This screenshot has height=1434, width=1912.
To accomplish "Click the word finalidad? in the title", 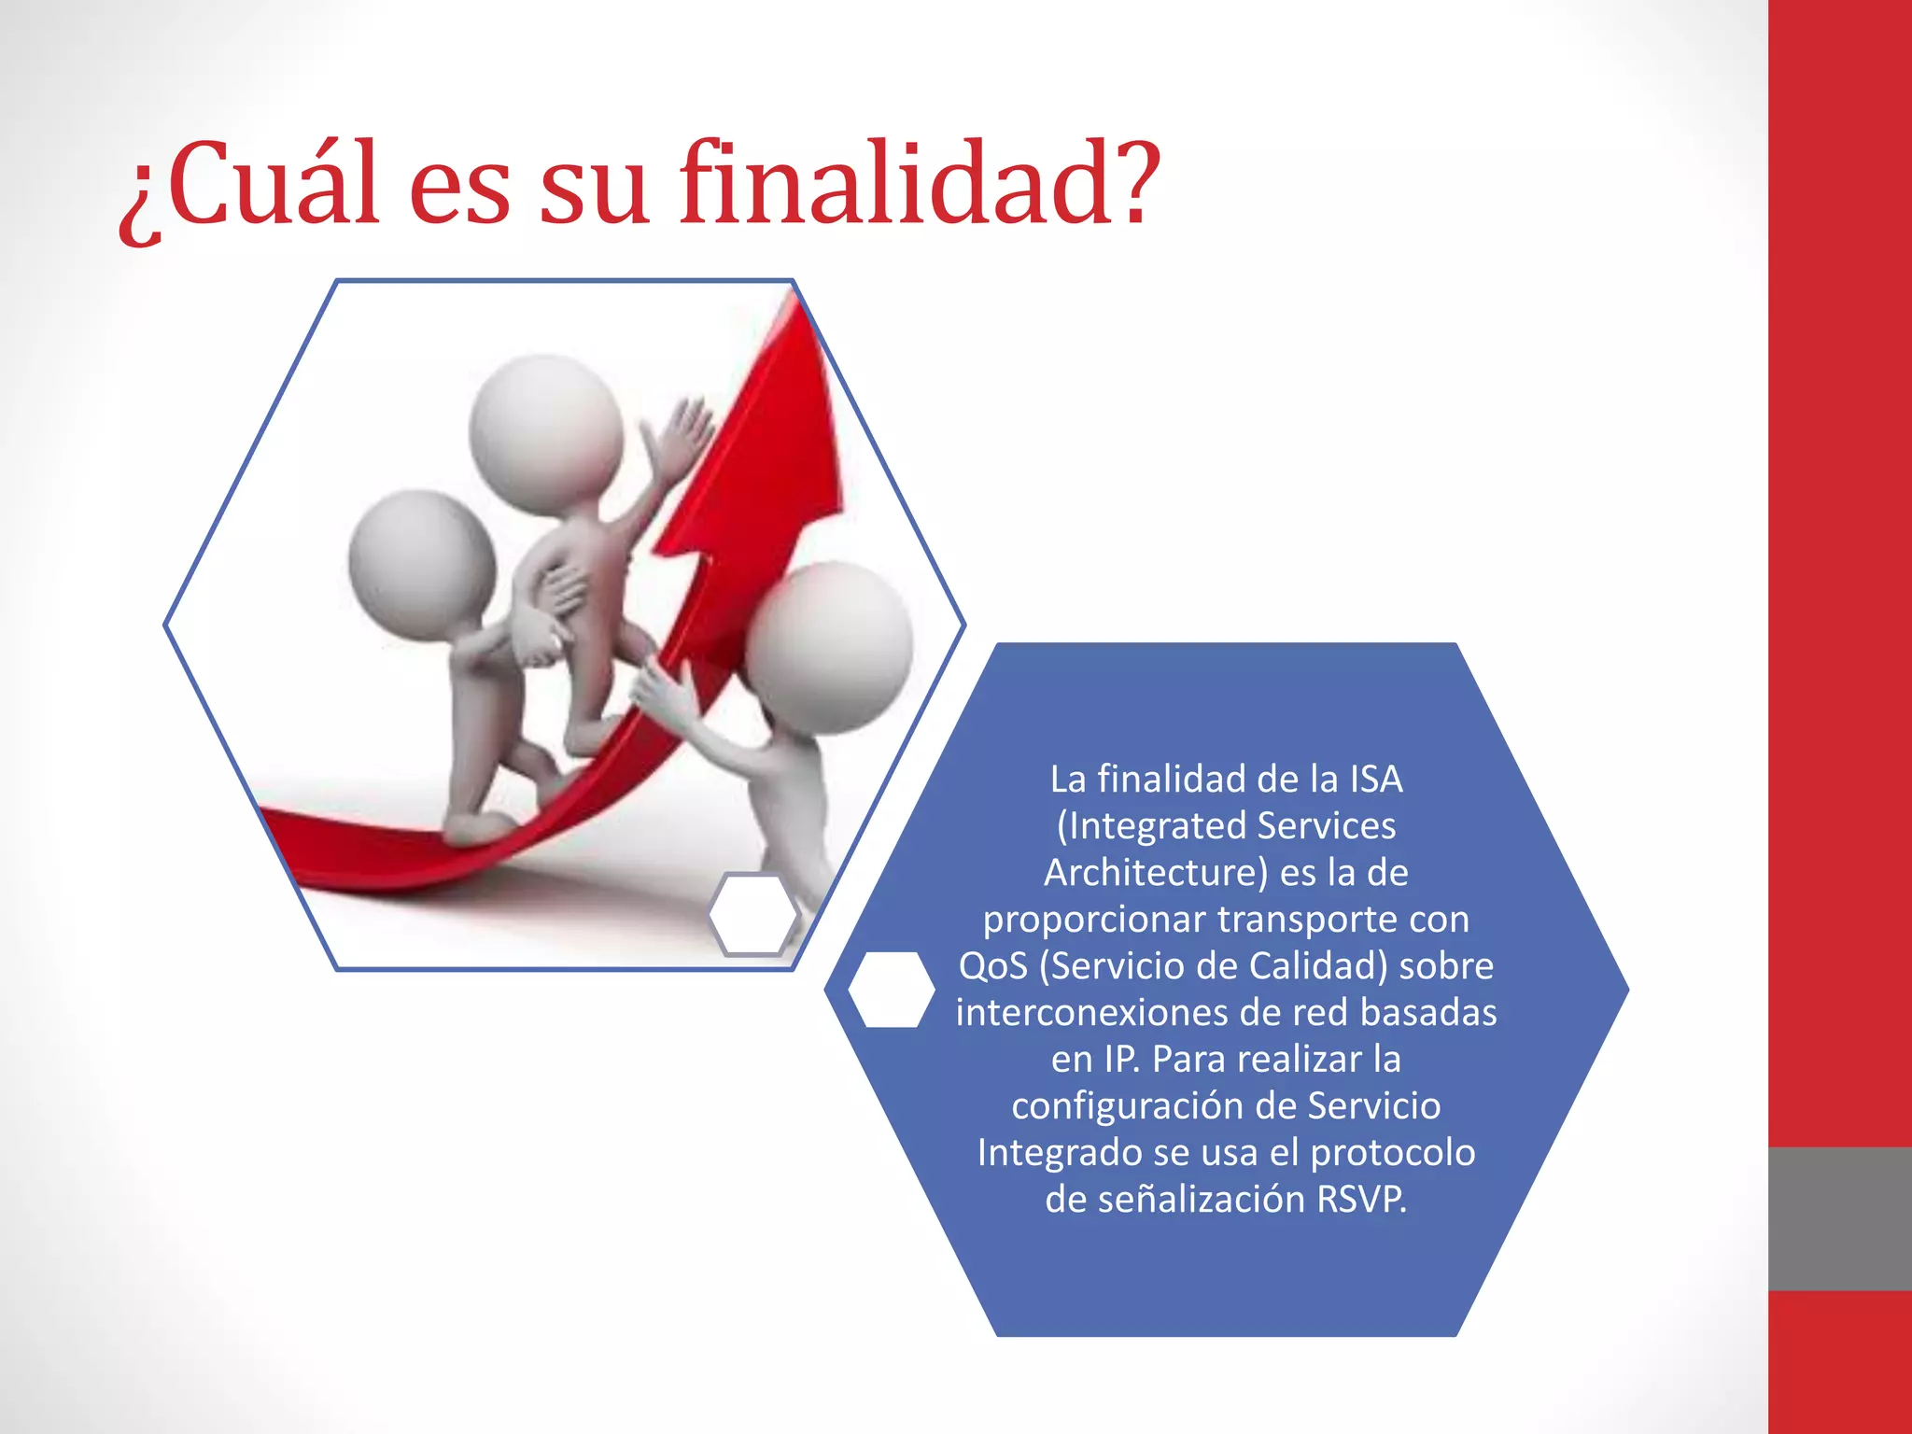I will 920,184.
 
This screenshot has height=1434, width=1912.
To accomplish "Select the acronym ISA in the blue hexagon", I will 1375,780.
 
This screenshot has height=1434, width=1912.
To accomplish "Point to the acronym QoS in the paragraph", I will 993,966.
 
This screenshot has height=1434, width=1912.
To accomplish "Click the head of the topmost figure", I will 546,431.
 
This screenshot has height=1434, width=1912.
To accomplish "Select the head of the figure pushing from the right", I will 829,646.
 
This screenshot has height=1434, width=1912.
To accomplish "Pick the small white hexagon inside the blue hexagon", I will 892,990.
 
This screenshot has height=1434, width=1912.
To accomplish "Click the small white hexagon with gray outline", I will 752,914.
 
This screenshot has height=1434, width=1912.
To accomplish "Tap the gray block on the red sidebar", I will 1839,1218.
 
